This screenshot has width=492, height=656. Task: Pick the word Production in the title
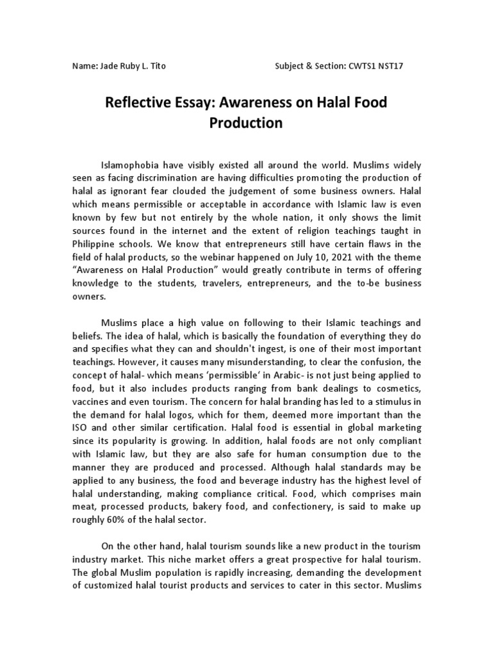click(246, 122)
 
